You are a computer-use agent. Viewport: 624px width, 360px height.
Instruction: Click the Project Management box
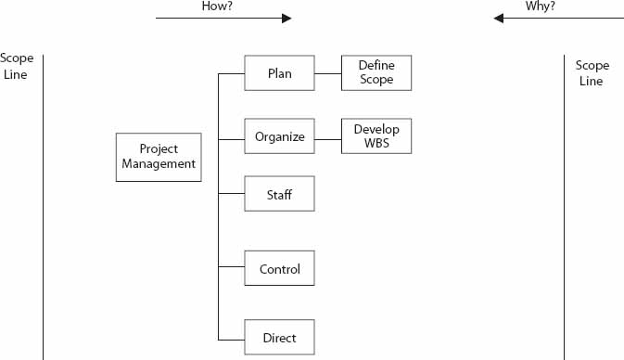pos(159,157)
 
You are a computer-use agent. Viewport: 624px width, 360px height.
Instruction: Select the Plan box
pos(279,73)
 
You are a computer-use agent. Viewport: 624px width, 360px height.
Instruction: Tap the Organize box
pos(279,136)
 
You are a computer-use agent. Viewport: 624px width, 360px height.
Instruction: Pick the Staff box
pos(279,194)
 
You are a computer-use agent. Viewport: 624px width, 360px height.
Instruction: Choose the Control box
pos(279,269)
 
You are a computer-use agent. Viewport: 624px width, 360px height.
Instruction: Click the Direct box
pos(279,338)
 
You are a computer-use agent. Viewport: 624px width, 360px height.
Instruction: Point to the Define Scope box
pos(376,73)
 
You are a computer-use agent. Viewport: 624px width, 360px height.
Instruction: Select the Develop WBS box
pos(376,136)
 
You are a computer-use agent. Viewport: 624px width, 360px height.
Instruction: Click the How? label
pos(216,6)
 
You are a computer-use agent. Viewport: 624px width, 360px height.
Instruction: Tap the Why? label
pos(541,6)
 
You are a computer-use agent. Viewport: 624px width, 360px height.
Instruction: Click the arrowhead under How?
pos(286,19)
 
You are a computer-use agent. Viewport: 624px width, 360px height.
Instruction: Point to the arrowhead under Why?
pos(499,19)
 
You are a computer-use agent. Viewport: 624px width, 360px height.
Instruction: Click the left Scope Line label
pos(17,67)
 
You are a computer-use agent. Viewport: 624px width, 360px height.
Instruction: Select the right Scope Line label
pos(592,73)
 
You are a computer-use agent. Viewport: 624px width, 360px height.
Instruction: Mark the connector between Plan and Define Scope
pos(328,73)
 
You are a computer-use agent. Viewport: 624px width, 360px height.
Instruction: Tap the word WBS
pos(376,144)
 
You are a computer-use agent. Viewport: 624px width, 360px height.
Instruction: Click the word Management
pos(159,164)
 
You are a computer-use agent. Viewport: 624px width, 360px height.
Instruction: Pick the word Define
pos(376,66)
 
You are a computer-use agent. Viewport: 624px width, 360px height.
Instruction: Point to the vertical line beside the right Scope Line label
pos(564,204)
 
